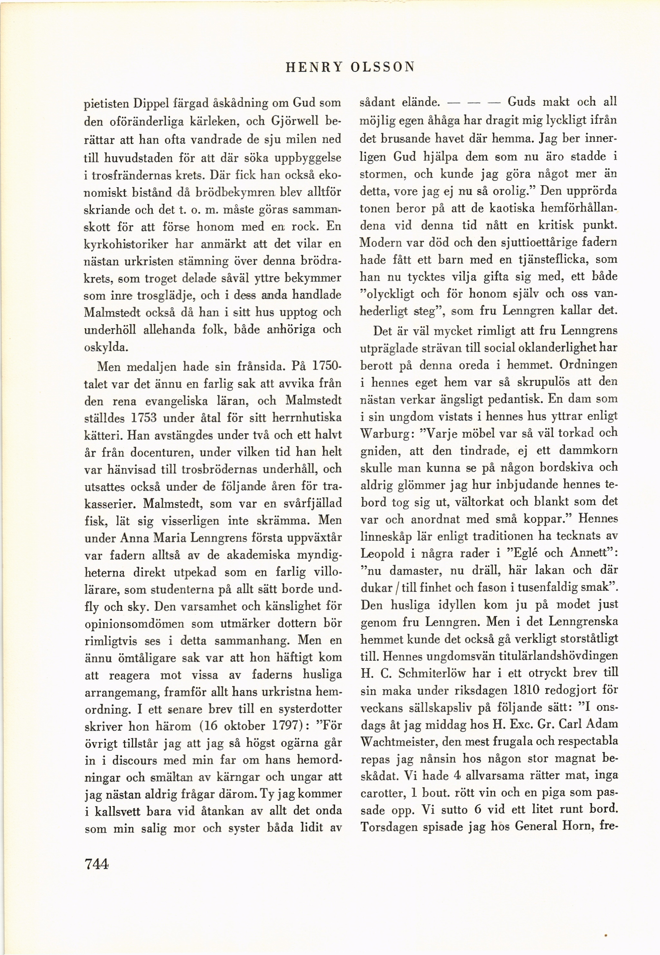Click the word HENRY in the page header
point(314,67)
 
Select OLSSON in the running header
point(382,67)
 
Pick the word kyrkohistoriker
point(126,244)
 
